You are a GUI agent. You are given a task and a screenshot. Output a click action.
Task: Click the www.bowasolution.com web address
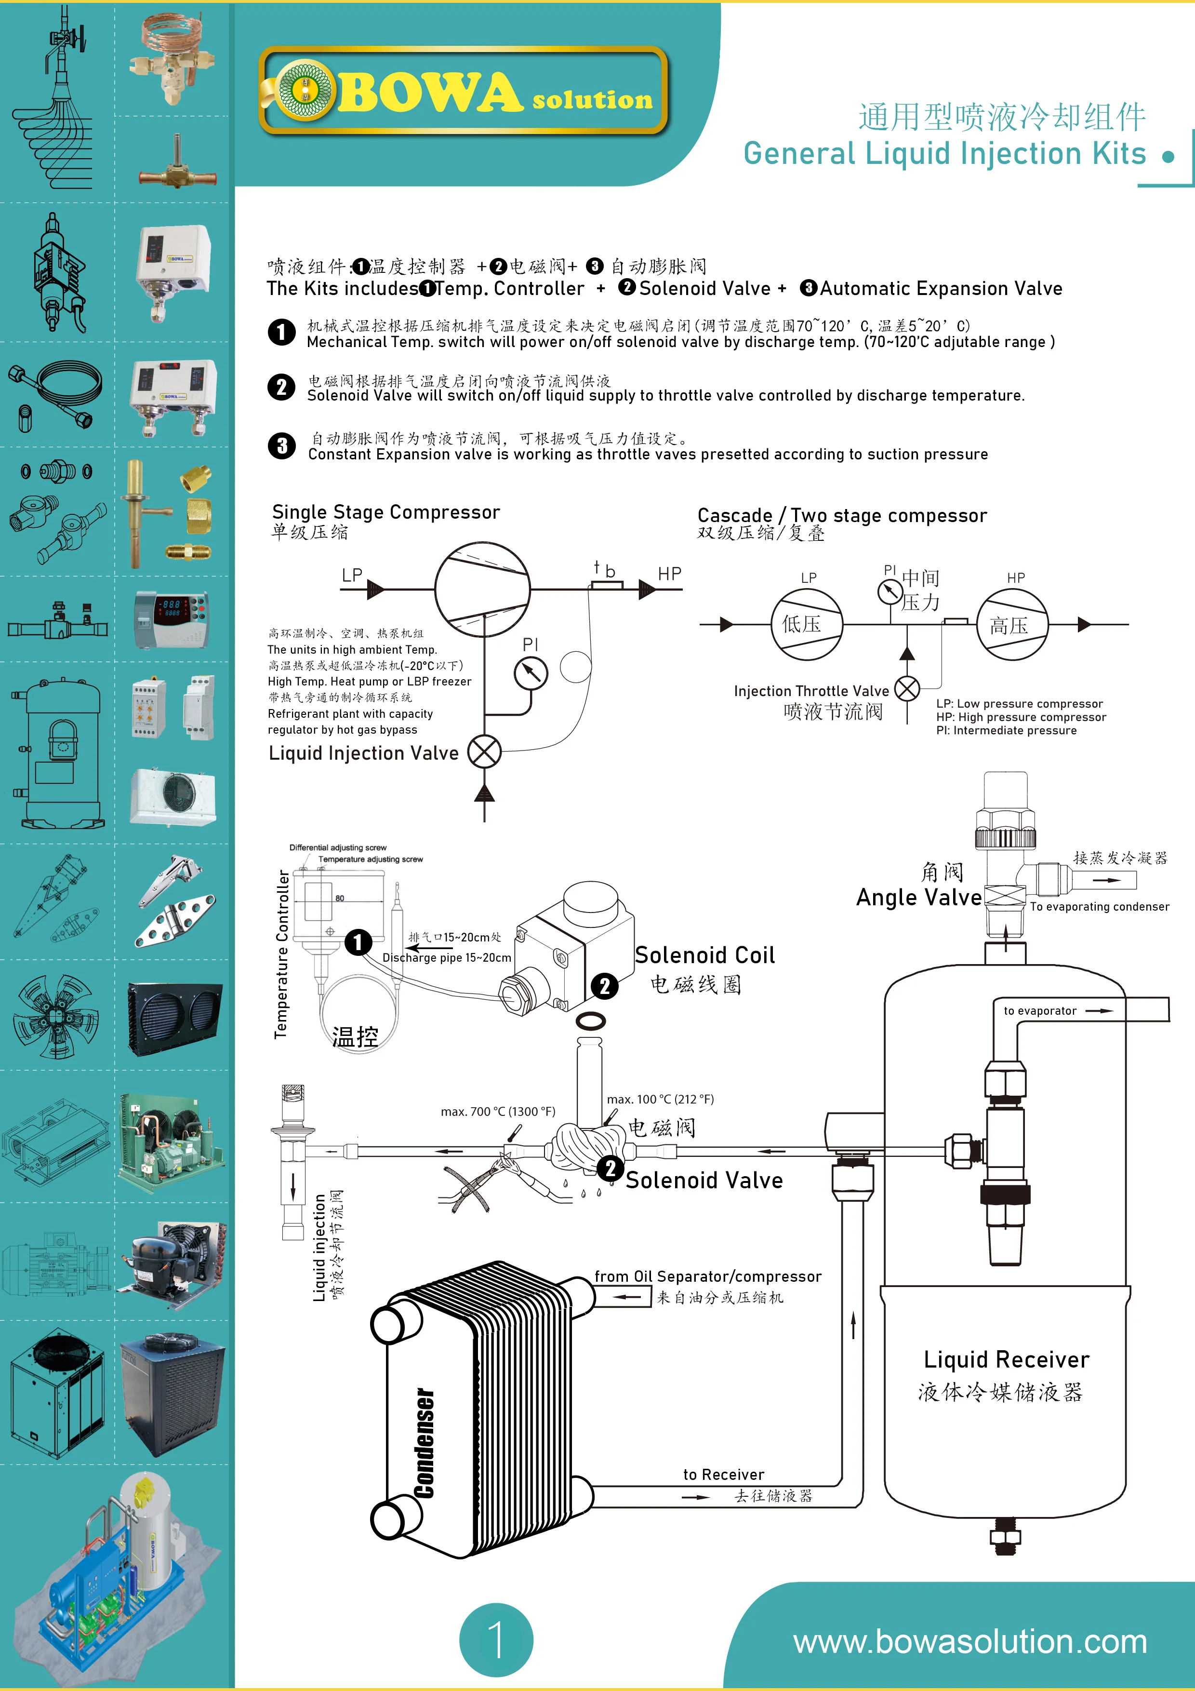coord(969,1642)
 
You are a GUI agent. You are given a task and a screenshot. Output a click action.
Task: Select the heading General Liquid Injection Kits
coord(944,154)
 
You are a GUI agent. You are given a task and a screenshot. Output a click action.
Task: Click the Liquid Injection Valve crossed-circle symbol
coord(484,752)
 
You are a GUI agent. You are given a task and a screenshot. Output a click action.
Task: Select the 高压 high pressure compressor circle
coord(1012,625)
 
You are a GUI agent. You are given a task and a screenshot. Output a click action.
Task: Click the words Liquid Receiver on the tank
coord(1006,1359)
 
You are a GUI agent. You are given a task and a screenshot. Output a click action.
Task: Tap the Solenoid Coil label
coord(704,955)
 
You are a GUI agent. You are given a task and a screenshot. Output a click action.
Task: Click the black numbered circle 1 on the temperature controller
coord(358,942)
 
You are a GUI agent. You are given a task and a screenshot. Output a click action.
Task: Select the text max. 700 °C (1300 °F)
coord(498,1112)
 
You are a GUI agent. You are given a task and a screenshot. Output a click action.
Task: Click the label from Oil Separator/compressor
coord(707,1276)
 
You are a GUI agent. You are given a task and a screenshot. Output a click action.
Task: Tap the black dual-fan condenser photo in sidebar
coord(174,1019)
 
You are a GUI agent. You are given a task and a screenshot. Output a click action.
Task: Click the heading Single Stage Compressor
coord(386,512)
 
